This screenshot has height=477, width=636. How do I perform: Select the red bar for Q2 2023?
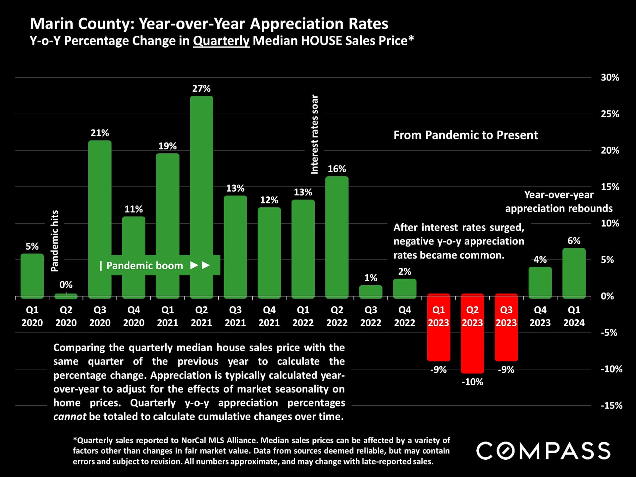472,333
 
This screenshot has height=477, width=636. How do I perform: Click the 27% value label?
201,89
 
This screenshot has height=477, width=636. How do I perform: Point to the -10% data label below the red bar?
472,382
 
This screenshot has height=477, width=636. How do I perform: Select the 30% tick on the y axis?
610,78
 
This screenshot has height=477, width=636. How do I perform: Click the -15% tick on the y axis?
611,405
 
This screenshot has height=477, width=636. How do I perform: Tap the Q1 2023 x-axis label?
439,316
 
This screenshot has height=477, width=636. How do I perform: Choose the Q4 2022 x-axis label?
404,316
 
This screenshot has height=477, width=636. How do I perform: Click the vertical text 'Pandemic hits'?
55,241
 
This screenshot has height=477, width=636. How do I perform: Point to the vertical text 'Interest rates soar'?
314,134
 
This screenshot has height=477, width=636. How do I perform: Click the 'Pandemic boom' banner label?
145,266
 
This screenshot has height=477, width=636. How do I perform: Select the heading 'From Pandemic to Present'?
465,135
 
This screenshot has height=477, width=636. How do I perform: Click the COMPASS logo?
543,451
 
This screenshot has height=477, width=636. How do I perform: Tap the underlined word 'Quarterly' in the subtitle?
221,41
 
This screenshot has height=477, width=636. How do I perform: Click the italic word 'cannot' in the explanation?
70,416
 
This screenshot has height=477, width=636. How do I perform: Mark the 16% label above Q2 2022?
337,169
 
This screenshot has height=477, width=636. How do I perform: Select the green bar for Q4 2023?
540,282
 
